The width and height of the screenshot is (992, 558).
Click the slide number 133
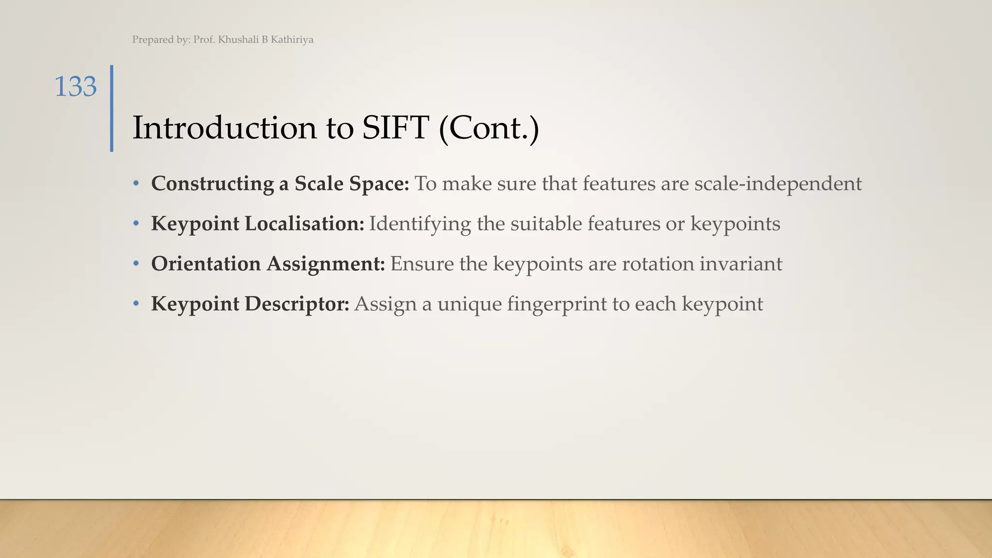point(76,87)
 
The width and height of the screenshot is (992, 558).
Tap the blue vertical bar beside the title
point(112,108)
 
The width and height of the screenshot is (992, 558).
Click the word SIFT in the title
point(395,128)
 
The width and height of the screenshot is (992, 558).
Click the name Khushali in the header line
point(238,40)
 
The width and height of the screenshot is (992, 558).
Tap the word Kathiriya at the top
point(292,40)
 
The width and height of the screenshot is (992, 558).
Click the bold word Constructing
point(213,184)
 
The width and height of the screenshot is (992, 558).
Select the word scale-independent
point(778,184)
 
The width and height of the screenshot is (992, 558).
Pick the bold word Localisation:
point(304,224)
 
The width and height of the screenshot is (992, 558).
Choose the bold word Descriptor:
point(297,305)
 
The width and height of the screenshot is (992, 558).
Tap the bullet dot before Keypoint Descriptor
point(137,304)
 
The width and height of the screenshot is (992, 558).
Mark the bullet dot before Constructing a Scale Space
point(137,184)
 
